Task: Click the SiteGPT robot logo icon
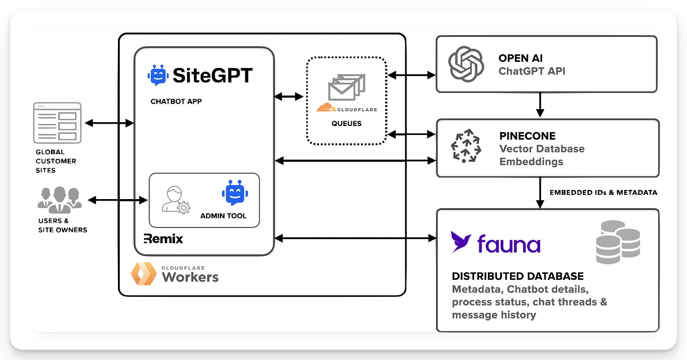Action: (x=158, y=75)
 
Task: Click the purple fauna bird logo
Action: (x=461, y=242)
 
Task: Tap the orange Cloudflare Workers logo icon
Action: (x=143, y=274)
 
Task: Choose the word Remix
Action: (x=163, y=238)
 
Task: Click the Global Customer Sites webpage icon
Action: (x=57, y=123)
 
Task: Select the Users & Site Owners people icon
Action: (x=59, y=199)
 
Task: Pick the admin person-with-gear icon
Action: (x=175, y=200)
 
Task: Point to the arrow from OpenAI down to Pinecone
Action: (x=540, y=105)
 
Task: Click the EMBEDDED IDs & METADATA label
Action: (x=603, y=193)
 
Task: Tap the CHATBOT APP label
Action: (x=176, y=101)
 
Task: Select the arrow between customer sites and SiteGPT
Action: (x=109, y=123)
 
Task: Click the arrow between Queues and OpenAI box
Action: (x=411, y=75)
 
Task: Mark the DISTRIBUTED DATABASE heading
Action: (x=518, y=276)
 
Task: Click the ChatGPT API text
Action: (x=532, y=71)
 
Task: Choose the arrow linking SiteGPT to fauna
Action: (x=355, y=238)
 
